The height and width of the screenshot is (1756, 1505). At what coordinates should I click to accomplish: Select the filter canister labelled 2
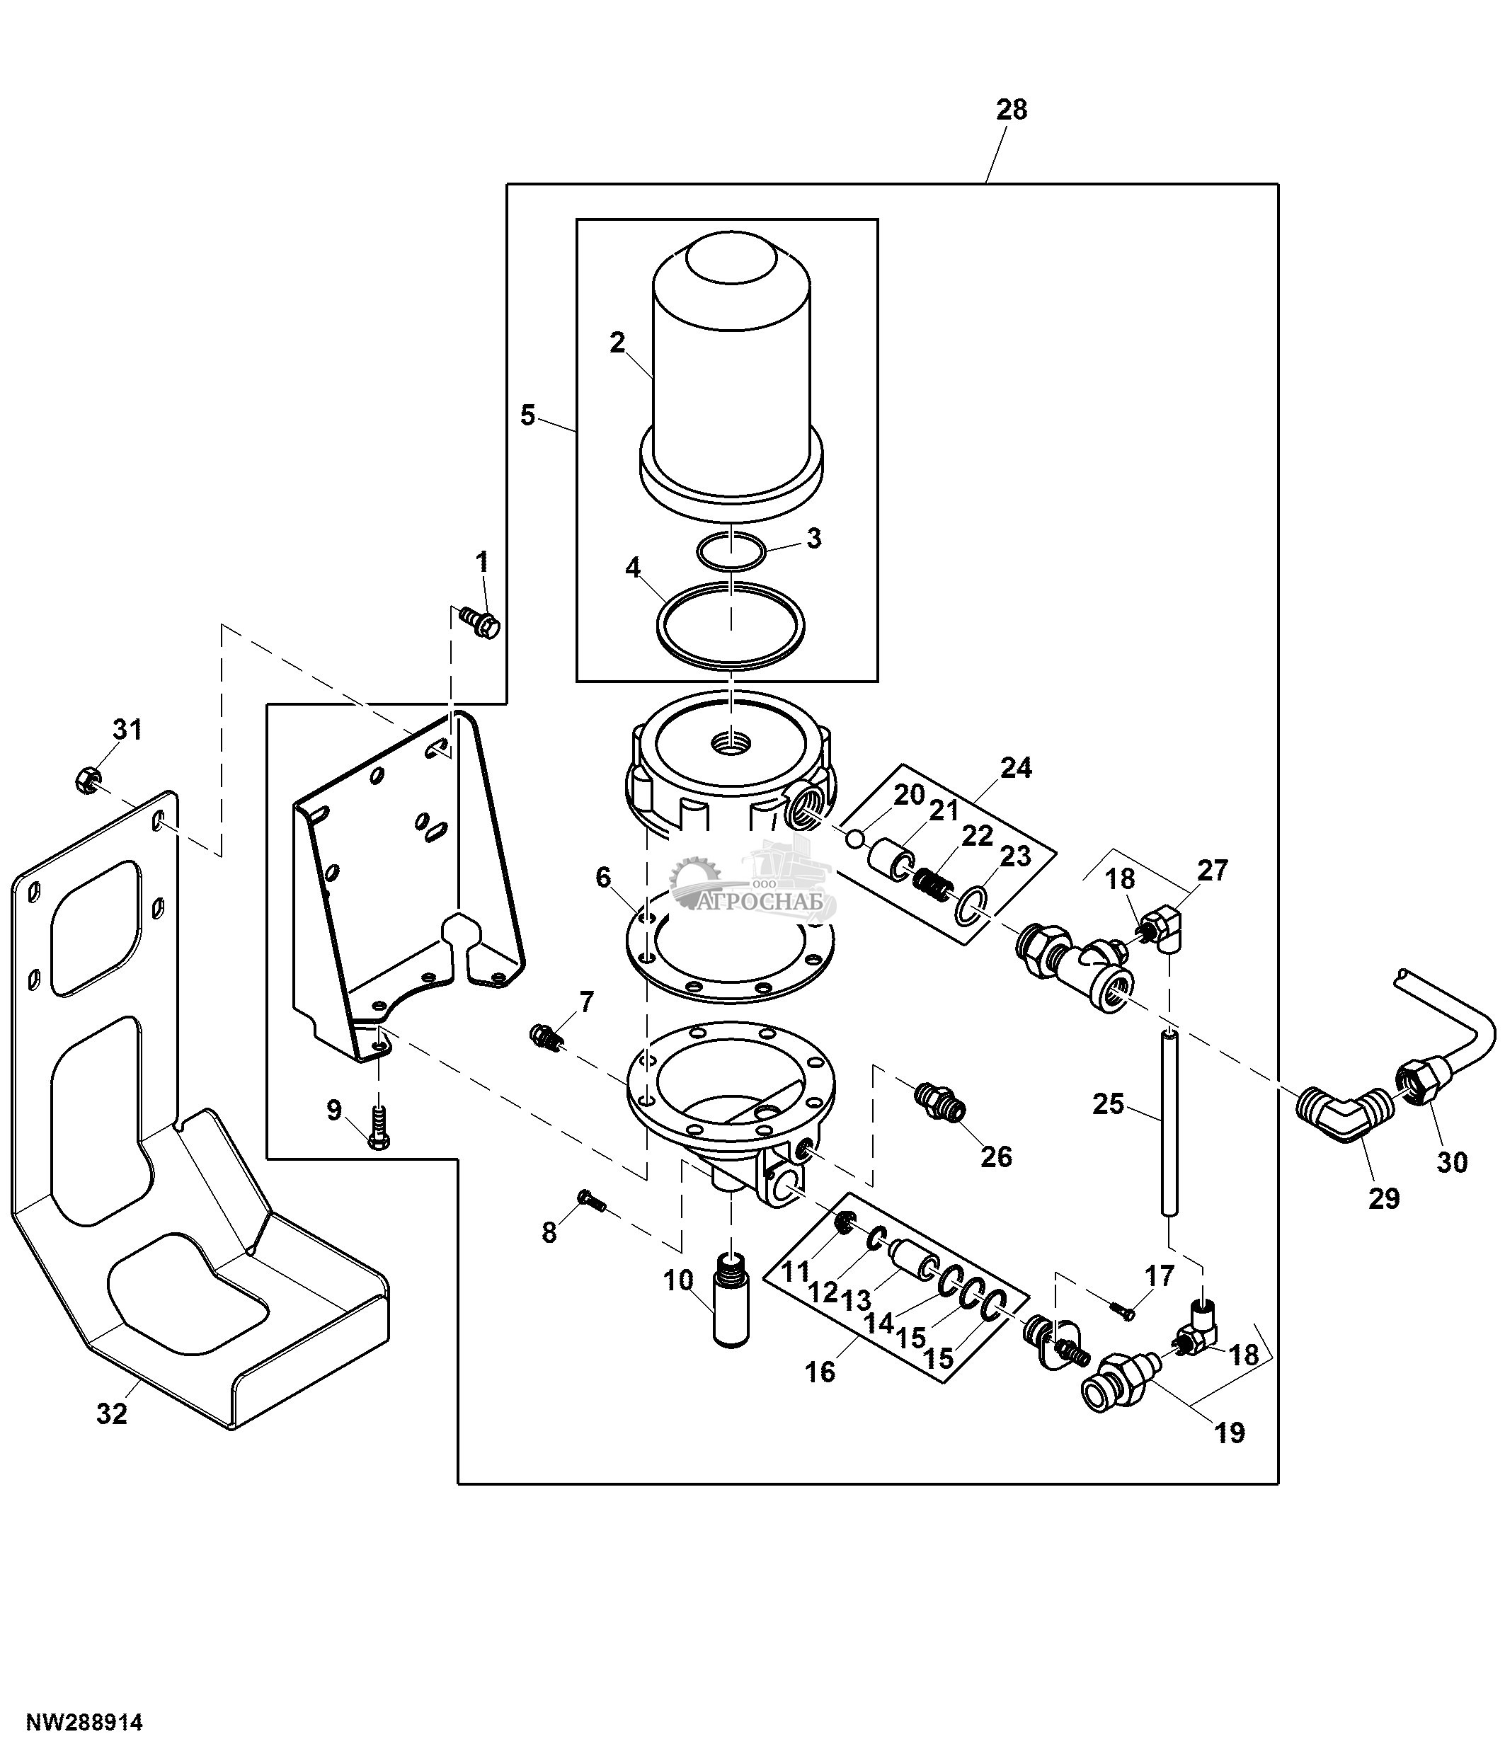coord(731,373)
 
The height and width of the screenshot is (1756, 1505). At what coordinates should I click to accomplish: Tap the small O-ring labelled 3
coord(731,551)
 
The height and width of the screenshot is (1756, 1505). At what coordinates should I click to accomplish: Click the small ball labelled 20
coord(856,838)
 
